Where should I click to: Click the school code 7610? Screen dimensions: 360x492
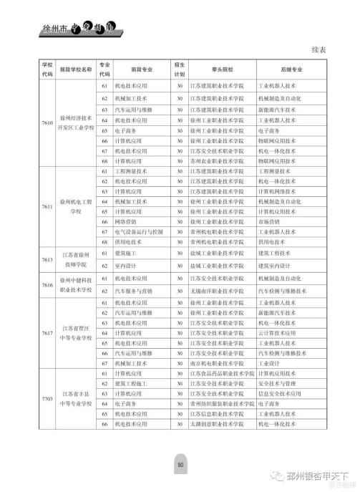point(47,123)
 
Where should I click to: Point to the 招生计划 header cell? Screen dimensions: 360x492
point(180,70)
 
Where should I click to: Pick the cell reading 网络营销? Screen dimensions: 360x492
point(123,222)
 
